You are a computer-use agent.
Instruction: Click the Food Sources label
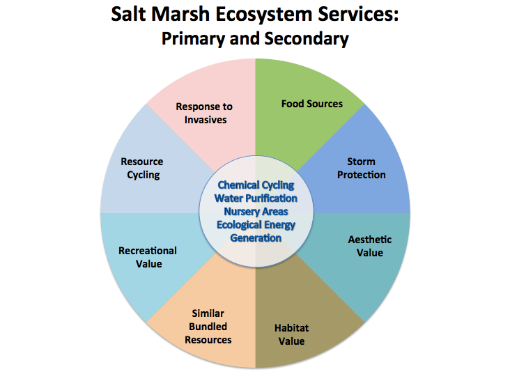(311, 104)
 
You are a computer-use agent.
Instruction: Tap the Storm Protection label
(361, 168)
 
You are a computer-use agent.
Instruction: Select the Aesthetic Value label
(369, 246)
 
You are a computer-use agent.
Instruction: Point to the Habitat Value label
(291, 334)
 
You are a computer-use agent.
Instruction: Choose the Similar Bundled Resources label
(208, 327)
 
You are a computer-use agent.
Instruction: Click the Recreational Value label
(148, 257)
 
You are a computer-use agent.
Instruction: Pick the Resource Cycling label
(142, 169)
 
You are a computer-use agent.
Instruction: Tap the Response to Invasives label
(203, 113)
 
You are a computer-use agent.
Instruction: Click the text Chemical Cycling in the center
(256, 185)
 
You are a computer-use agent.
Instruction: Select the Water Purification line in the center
(256, 198)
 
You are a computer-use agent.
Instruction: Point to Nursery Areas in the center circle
(256, 211)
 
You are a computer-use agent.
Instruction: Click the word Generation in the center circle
(256, 237)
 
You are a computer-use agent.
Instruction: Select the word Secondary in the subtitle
(306, 38)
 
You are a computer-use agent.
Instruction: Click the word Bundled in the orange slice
(208, 327)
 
